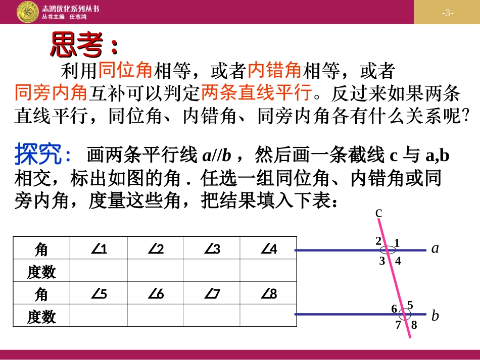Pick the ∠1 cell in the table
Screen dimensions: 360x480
99,249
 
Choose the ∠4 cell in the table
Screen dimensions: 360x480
268,249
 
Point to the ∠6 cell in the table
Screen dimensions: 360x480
156,294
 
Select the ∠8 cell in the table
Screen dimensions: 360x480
268,294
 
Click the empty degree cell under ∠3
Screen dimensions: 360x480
212,272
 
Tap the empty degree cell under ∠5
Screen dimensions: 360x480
99,316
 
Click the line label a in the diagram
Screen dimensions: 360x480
435,248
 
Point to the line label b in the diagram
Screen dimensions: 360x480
435,316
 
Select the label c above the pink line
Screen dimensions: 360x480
378,214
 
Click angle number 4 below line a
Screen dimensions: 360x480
398,261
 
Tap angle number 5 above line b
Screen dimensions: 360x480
410,305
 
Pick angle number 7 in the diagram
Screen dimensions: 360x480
398,325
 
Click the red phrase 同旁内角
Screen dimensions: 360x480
51,93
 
